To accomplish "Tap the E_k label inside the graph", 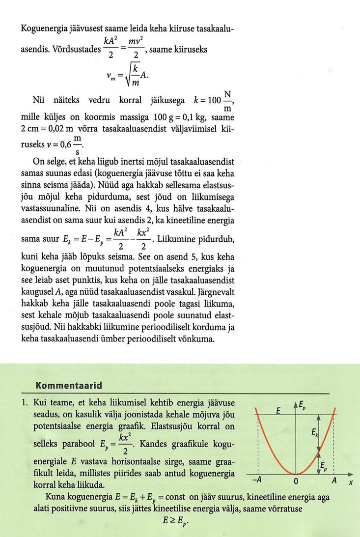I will (314, 432).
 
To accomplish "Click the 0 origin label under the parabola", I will (295, 481).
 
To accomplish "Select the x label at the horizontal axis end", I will (351, 482).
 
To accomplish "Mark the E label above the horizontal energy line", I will (278, 409).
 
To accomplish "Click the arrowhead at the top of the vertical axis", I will (296, 404).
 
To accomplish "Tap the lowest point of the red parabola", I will (296, 474).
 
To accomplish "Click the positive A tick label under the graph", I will (333, 480).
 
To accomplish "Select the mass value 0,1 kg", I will (190, 118).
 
